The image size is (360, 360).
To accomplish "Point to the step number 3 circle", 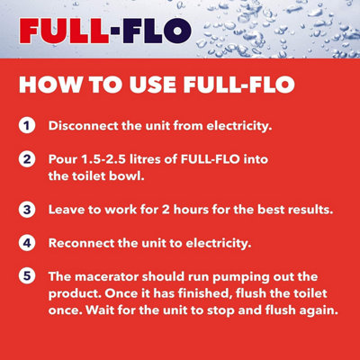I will [31, 210].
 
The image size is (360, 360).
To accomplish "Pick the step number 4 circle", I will [31, 242].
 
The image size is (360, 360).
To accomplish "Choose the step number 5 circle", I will [31, 275].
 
